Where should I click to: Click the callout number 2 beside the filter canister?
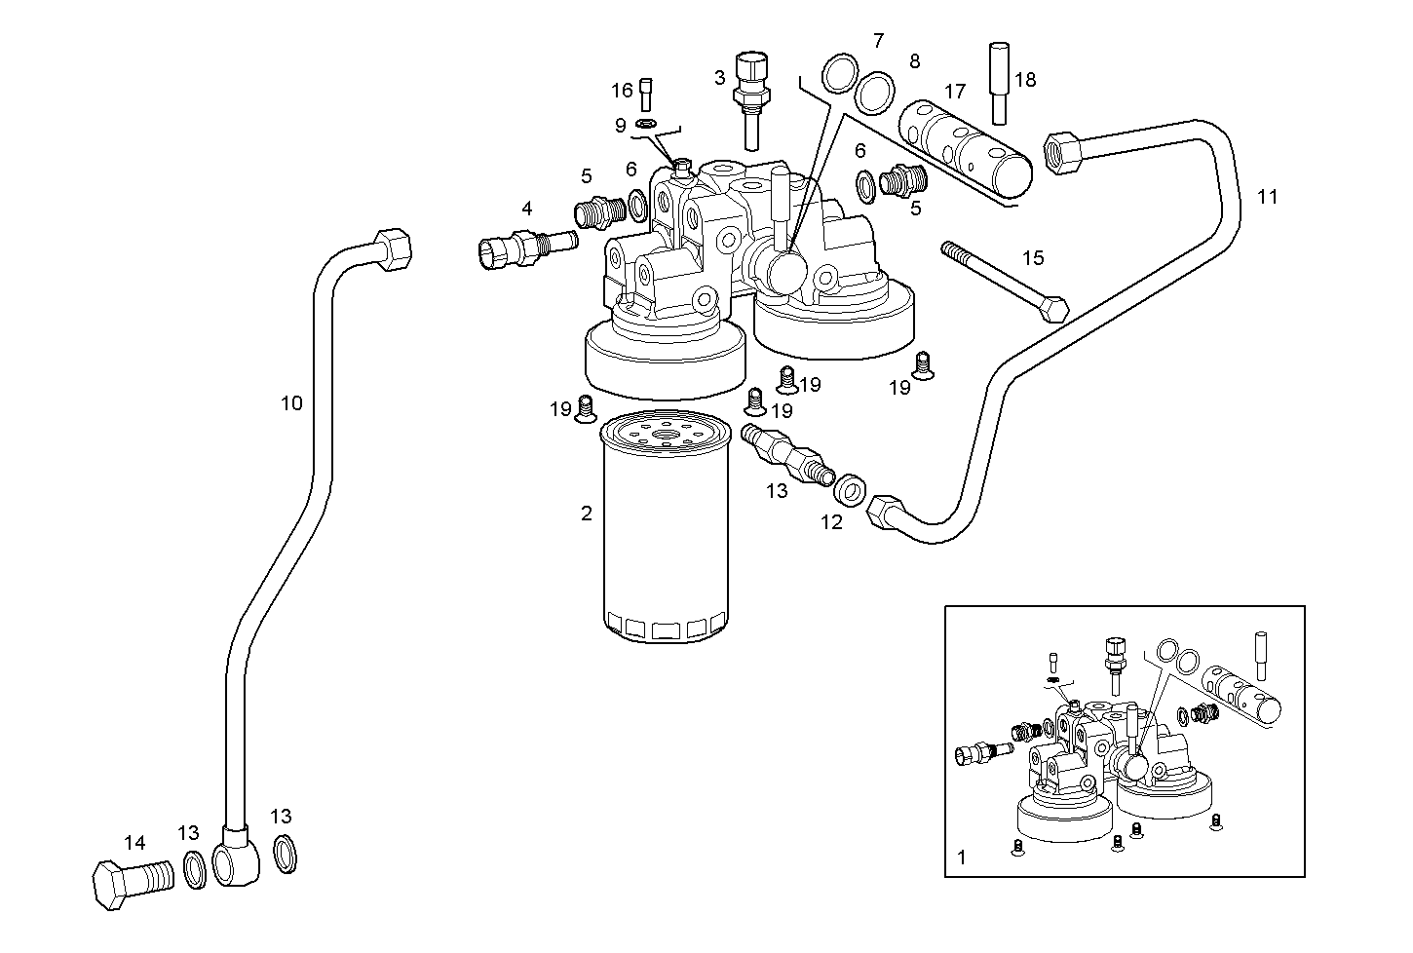pos(586,514)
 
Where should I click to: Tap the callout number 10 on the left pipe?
pos(291,402)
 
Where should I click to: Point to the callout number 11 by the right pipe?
pos(1267,197)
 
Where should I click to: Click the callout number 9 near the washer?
pos(620,125)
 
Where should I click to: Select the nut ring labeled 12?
pos(851,489)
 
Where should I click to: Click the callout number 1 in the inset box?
pos(962,858)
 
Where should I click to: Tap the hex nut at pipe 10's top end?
pos(392,249)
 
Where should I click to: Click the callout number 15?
pos(1033,257)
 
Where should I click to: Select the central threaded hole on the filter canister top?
pos(665,436)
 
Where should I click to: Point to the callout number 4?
pos(526,208)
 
